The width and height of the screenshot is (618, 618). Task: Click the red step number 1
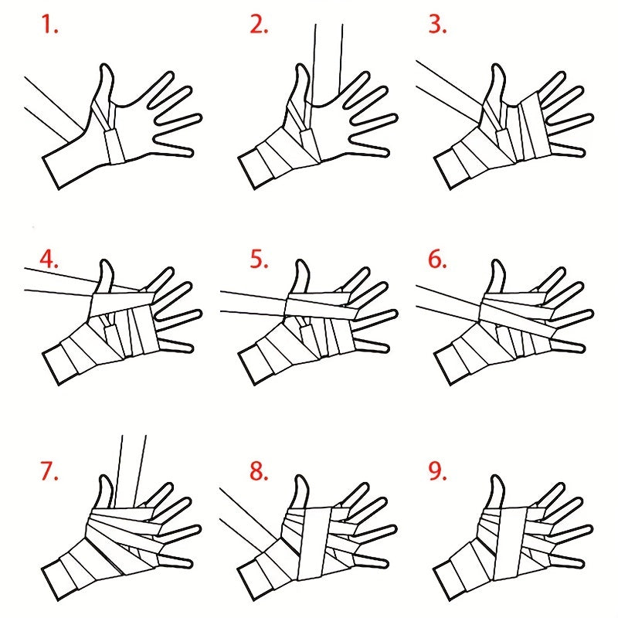pyautogui.click(x=49, y=24)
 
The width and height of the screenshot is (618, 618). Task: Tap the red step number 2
pyautogui.click(x=259, y=24)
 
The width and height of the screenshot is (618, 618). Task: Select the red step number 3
pyautogui.click(x=437, y=24)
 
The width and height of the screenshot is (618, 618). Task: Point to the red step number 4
pyautogui.click(x=49, y=260)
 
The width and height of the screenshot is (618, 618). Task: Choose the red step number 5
pyautogui.click(x=259, y=260)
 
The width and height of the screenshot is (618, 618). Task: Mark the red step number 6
pyautogui.click(x=437, y=260)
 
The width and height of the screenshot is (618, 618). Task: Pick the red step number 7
pyautogui.click(x=49, y=471)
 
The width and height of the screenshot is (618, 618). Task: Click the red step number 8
pyautogui.click(x=259, y=471)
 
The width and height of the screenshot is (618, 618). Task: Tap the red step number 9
pyautogui.click(x=437, y=471)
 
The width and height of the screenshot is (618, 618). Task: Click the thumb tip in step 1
pyautogui.click(x=104, y=65)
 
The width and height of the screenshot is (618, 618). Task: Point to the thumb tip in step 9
pyautogui.click(x=497, y=477)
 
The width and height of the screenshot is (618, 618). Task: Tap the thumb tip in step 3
pyautogui.click(x=497, y=65)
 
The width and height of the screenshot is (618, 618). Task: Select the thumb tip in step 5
pyautogui.click(x=301, y=261)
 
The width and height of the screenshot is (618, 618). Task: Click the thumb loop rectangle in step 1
pyautogui.click(x=114, y=146)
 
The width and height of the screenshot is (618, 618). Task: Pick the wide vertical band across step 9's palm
pyautogui.click(x=511, y=543)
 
